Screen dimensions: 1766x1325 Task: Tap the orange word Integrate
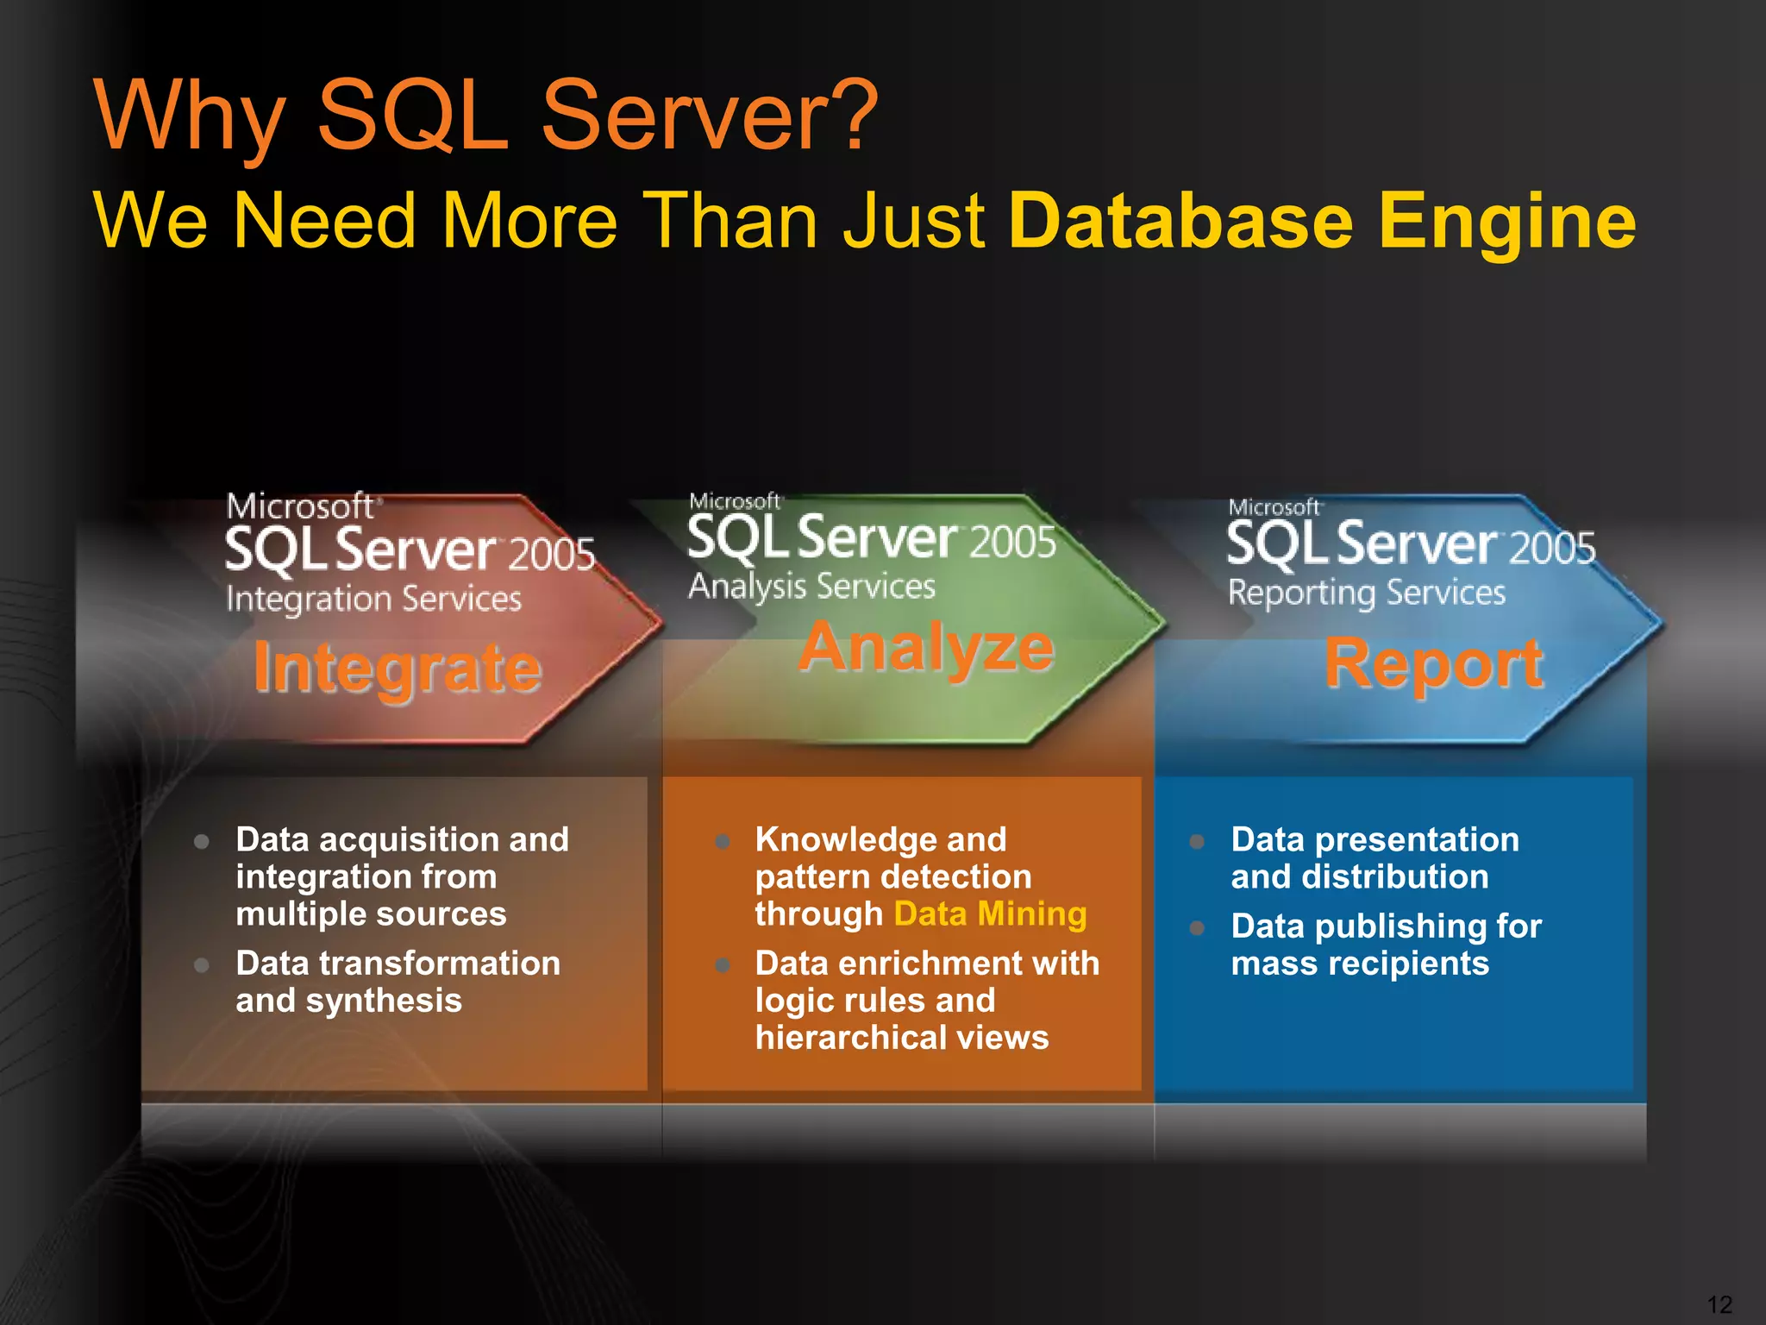398,669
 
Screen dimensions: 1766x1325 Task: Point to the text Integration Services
373,599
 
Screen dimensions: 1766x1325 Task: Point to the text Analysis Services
811,587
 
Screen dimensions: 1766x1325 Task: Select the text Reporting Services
1366,593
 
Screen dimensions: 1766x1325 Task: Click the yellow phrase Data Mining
990,914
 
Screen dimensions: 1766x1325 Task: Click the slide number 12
1719,1304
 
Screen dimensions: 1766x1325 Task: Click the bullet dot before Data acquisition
202,841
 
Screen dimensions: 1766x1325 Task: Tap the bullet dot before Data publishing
1197,928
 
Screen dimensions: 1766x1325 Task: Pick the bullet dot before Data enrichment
723,965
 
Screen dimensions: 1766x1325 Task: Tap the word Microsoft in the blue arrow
1274,507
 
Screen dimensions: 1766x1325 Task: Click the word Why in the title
190,116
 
